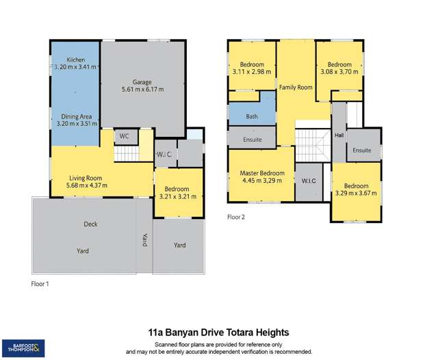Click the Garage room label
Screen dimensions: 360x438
coord(142,81)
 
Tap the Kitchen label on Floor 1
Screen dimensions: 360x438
coord(75,60)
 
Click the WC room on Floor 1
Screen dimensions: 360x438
coord(124,136)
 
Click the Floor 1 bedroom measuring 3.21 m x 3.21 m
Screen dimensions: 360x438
coord(179,192)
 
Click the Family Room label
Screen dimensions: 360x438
coord(295,88)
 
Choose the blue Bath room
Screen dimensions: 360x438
coord(251,117)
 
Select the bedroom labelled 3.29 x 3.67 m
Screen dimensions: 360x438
coord(356,190)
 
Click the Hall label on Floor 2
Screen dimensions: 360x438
coord(339,136)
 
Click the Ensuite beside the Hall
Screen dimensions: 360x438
coord(362,150)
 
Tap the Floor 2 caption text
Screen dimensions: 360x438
coord(236,217)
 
